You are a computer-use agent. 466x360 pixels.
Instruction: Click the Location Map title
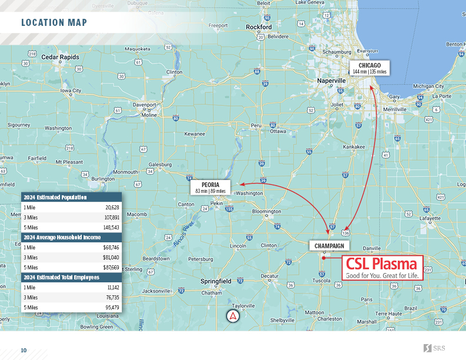(54, 23)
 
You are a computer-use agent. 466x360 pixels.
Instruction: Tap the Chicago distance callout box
(370, 68)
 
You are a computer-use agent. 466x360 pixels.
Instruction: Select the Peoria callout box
(211, 187)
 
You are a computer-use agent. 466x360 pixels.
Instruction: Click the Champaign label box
(329, 245)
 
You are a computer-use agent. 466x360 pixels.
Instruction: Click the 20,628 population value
(112, 208)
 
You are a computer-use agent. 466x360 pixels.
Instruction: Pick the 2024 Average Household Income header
(62, 237)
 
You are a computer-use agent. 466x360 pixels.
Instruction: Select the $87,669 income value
(111, 268)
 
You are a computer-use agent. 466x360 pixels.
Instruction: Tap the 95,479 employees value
(111, 308)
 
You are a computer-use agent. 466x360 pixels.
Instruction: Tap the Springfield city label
(217, 281)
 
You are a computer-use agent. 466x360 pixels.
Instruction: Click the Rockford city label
(259, 27)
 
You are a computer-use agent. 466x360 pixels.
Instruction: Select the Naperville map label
(331, 80)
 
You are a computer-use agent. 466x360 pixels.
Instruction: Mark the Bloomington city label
(266, 211)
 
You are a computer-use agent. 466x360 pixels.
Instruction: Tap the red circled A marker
(234, 316)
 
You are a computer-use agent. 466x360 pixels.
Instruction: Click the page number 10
(24, 351)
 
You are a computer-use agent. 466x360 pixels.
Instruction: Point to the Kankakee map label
(354, 146)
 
